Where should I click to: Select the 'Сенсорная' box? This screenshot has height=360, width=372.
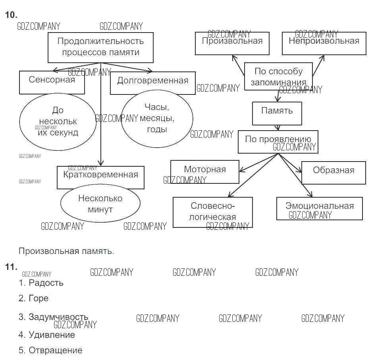52,82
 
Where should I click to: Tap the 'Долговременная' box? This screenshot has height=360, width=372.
152,83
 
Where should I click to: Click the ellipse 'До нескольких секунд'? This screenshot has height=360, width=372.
58,121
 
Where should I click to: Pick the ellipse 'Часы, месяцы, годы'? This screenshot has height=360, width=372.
157,118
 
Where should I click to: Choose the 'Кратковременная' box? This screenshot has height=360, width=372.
100,177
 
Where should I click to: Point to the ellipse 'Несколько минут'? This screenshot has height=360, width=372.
100,204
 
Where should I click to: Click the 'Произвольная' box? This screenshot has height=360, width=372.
232,43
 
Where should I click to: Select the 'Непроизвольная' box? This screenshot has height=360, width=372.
324,43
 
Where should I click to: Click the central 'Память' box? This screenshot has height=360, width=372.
277,113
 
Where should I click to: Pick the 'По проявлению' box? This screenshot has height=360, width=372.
278,142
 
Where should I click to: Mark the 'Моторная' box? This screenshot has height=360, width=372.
205,171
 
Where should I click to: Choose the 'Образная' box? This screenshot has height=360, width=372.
333,173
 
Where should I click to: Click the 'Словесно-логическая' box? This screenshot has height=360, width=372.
213,212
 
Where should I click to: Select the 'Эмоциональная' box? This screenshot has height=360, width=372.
320,208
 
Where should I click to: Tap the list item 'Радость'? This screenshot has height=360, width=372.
46,283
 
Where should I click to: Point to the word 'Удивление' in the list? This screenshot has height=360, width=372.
52,335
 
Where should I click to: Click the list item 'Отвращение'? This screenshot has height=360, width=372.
55,350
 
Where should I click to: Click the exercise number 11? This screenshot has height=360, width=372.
11,267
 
